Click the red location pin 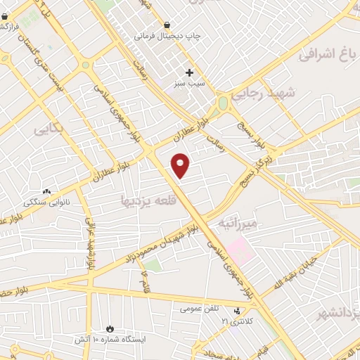(x=181, y=165)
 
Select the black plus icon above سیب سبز (x=190, y=72)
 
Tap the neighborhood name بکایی (x=49, y=130)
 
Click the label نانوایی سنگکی (x=49, y=201)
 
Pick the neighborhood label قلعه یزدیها (x=145, y=200)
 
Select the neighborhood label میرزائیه (x=238, y=224)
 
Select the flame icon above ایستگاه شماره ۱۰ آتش (x=110, y=328)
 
